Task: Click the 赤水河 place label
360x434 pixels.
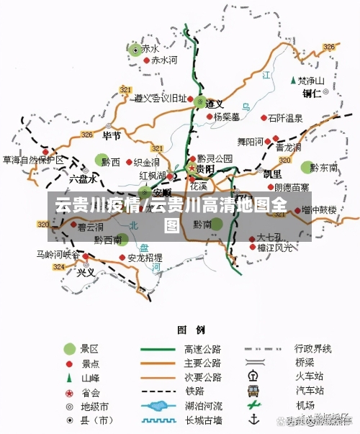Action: pyautogui.click(x=163, y=60)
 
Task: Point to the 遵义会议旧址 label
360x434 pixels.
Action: pyautogui.click(x=161, y=99)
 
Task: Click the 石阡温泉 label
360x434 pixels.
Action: pyautogui.click(x=286, y=117)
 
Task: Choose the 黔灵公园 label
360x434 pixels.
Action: pyautogui.click(x=215, y=158)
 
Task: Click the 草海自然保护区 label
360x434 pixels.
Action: pyautogui.click(x=32, y=160)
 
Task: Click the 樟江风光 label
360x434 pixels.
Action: pyautogui.click(x=275, y=248)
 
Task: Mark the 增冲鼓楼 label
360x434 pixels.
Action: pyautogui.click(x=320, y=210)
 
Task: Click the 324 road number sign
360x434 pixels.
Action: pyautogui.click(x=58, y=266)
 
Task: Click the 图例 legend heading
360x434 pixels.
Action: pyautogui.click(x=191, y=330)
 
